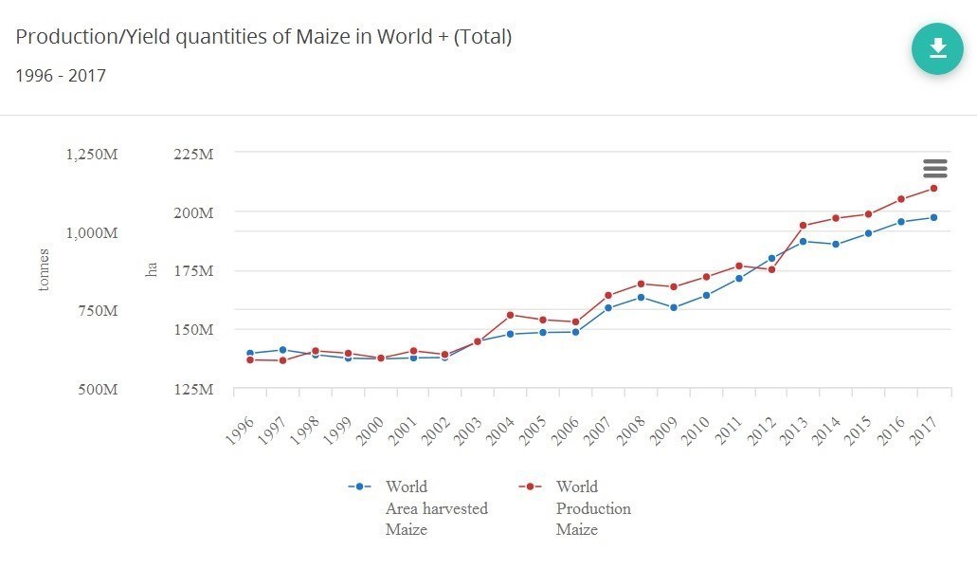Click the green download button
pyautogui.click(x=937, y=48)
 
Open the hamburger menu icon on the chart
pyautogui.click(x=934, y=169)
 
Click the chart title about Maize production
pyautogui.click(x=263, y=37)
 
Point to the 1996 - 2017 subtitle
pyautogui.click(x=61, y=75)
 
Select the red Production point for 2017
pyautogui.click(x=933, y=188)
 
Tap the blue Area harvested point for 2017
pyautogui.click(x=933, y=217)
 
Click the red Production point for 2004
pyautogui.click(x=510, y=315)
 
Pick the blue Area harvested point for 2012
pyautogui.click(x=771, y=258)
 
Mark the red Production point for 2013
pyautogui.click(x=803, y=226)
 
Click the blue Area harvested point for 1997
pyautogui.click(x=282, y=350)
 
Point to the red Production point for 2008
pyautogui.click(x=641, y=284)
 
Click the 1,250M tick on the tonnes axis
pyautogui.click(x=92, y=154)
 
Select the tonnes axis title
pyautogui.click(x=43, y=270)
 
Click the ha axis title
pyautogui.click(x=151, y=270)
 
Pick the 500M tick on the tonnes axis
pyautogui.click(x=98, y=389)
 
